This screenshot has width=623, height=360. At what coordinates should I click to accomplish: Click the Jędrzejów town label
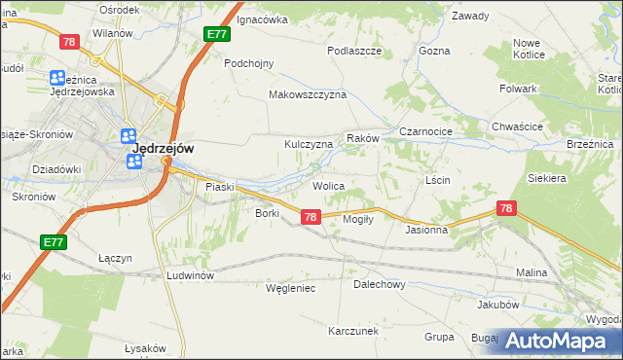tap(163, 148)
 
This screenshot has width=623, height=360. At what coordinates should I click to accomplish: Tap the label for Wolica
tap(328, 185)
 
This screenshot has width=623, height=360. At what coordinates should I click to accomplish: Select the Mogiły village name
tap(358, 219)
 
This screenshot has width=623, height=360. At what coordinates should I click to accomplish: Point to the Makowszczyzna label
tap(308, 94)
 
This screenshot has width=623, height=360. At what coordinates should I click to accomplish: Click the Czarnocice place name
tap(427, 130)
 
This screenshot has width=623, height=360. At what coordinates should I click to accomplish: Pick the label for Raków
tap(362, 139)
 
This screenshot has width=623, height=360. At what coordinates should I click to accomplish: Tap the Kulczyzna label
tap(309, 144)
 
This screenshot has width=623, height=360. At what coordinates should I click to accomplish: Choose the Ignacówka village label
tap(263, 18)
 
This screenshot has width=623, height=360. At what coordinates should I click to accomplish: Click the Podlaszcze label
tap(353, 51)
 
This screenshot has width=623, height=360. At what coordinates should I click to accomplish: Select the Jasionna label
tap(426, 231)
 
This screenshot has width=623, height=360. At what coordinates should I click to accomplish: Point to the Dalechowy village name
tap(379, 285)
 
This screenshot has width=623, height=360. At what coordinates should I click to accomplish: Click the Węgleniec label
tap(291, 288)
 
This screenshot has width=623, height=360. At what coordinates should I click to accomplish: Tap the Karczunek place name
tap(353, 331)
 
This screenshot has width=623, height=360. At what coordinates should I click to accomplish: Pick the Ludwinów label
tap(190, 275)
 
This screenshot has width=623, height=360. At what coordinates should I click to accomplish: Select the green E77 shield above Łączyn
tap(54, 240)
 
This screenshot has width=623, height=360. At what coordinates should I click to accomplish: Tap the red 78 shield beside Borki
tap(310, 217)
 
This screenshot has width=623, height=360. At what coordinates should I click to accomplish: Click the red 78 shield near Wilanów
tap(69, 41)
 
